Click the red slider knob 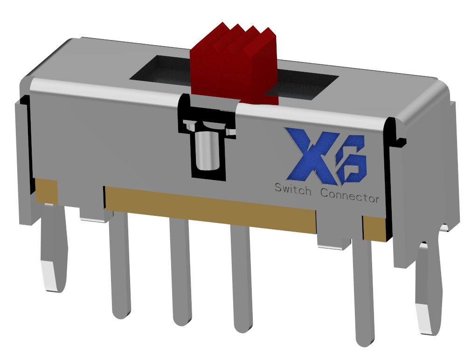point(233,65)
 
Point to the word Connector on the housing point(350,195)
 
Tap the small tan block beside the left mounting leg point(47,191)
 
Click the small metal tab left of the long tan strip point(92,214)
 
